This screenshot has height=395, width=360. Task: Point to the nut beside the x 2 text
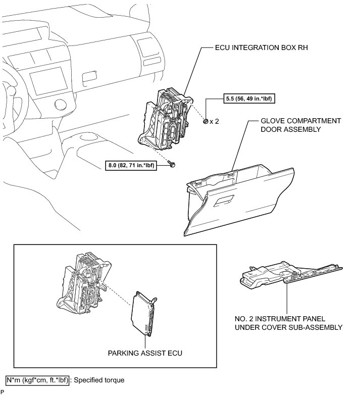pyautogui.click(x=205, y=121)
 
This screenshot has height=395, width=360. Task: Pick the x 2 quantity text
pyautogui.click(x=216, y=122)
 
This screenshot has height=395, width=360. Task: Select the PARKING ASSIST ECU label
pyautogui.click(x=145, y=353)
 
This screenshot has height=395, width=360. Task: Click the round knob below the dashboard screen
pyautogui.click(x=59, y=106)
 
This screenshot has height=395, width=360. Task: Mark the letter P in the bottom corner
pyautogui.click(x=3, y=392)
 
